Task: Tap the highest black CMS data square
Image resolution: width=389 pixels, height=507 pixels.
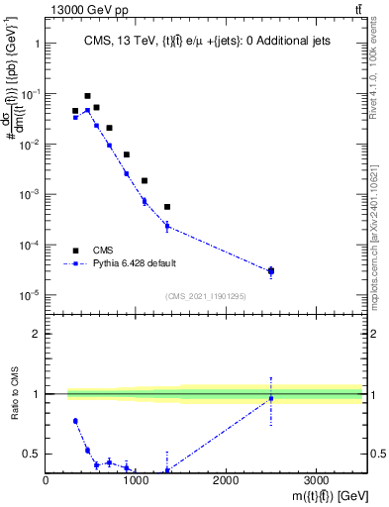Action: pos(88,96)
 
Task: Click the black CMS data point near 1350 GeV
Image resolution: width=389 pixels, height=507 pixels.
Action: pos(167,207)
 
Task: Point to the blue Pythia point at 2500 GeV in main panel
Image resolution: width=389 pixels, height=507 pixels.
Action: pos(271,271)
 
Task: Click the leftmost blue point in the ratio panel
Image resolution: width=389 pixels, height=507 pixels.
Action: pos(75,421)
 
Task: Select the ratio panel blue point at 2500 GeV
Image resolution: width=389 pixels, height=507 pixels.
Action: pos(271,398)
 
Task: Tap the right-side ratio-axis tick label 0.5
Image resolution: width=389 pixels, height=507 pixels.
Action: pos(377,455)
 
